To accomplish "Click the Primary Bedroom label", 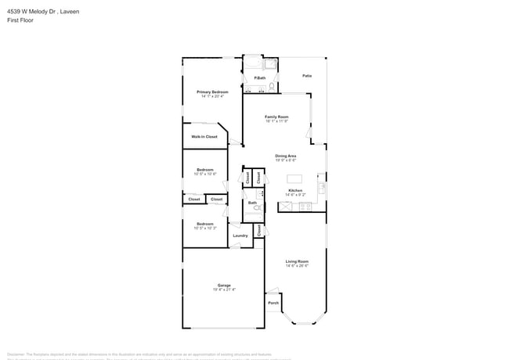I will (x=212, y=92).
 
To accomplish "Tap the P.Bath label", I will (x=258, y=77).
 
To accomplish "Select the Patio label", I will (x=308, y=76).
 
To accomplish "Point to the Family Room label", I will (x=276, y=117).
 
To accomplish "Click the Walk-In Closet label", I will (x=204, y=136).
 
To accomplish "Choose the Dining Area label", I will (x=286, y=156).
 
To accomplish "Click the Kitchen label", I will (x=295, y=190).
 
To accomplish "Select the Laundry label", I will (x=240, y=235).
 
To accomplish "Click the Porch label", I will (x=273, y=303).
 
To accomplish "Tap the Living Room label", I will (x=297, y=261).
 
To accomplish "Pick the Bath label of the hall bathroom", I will (x=252, y=203).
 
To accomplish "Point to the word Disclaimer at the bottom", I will (x=18, y=353).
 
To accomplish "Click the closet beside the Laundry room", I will (x=259, y=229).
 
